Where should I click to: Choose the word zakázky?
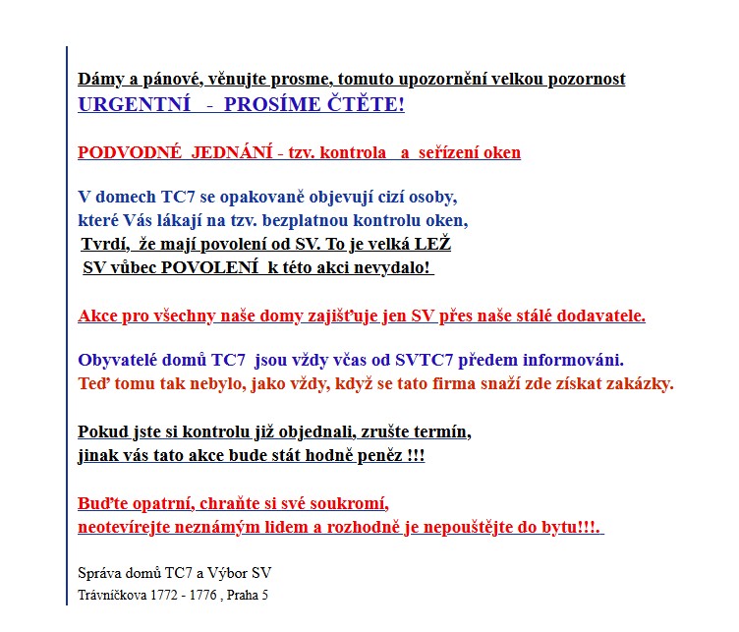tap(641, 383)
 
